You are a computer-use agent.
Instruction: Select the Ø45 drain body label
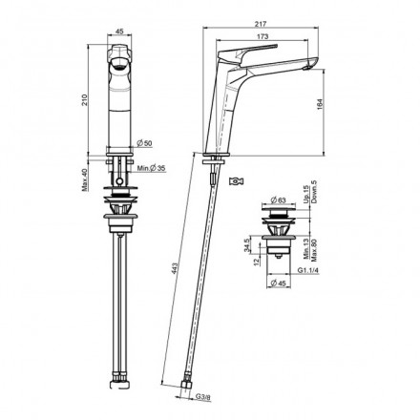pyautogui.click(x=284, y=284)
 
